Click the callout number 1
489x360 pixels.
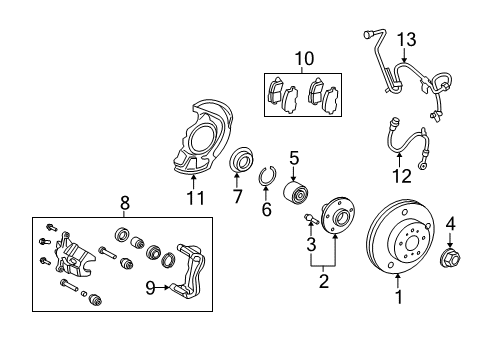pyautogui.click(x=399, y=295)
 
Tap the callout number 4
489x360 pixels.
pyautogui.click(x=451, y=223)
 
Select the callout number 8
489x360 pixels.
pyautogui.click(x=125, y=203)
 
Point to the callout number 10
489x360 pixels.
pyautogui.click(x=303, y=57)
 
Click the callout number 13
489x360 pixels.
pyautogui.click(x=406, y=39)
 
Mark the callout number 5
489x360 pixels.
pyautogui.click(x=294, y=157)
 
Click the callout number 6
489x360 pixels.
pyautogui.click(x=266, y=209)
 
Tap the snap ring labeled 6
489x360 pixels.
pyautogui.click(x=267, y=180)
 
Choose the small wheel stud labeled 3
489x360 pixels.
pyautogui.click(x=310, y=219)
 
